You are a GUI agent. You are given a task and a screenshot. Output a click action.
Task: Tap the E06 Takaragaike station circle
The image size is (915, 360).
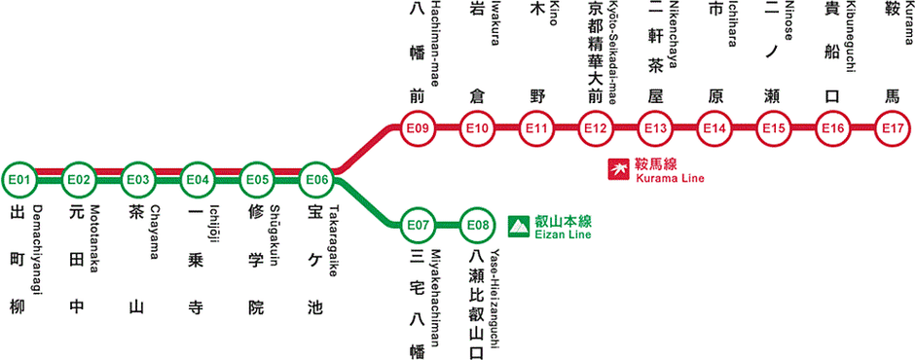click(x=316, y=180)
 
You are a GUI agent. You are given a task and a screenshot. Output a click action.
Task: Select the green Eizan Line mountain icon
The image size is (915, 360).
click(x=519, y=227)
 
